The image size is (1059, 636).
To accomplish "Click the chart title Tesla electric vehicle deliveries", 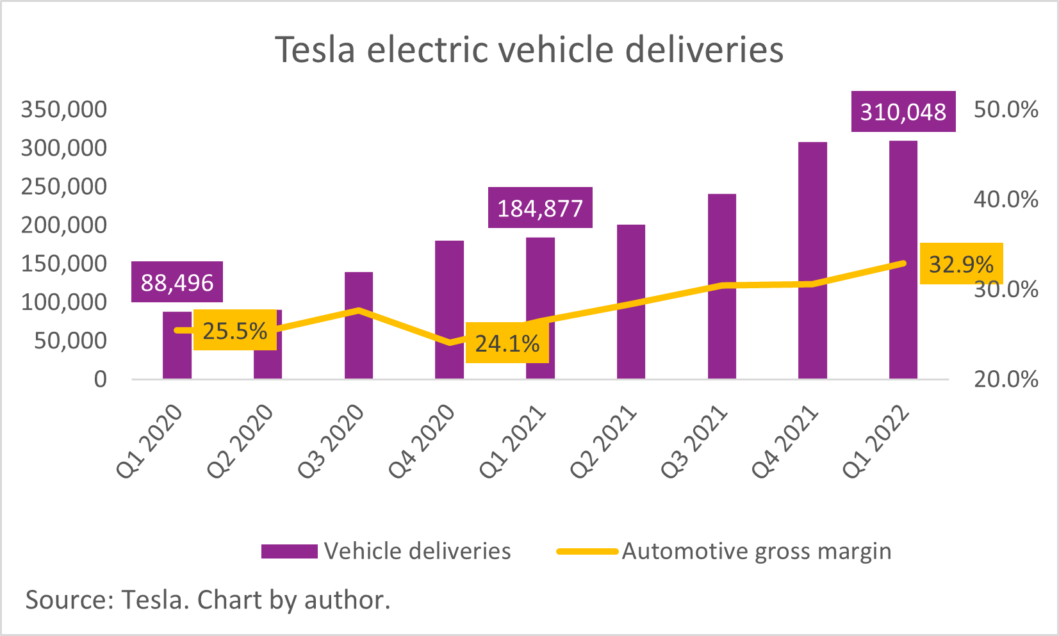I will point(529,50).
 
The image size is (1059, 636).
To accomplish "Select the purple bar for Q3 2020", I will point(358,346).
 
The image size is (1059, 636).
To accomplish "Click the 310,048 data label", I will point(903,112).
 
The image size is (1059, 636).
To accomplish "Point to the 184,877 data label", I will point(540,208).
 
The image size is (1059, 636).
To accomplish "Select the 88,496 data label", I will point(177,282).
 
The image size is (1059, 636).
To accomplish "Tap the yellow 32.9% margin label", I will point(961,264).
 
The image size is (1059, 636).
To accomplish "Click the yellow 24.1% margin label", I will point(507,343).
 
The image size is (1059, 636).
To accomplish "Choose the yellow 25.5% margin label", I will point(234,330).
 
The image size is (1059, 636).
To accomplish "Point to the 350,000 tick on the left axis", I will point(64,110).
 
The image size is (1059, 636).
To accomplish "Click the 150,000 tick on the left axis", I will point(64,263).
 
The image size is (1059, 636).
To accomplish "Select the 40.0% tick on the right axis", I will point(1005,199).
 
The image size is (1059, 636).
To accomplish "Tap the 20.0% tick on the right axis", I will point(1005,379).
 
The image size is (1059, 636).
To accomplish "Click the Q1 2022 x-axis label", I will point(876,442).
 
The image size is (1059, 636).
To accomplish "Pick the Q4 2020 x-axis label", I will point(422,442).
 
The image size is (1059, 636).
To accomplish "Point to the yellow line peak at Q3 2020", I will point(359,310).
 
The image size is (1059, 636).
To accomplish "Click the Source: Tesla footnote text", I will point(208,600).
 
